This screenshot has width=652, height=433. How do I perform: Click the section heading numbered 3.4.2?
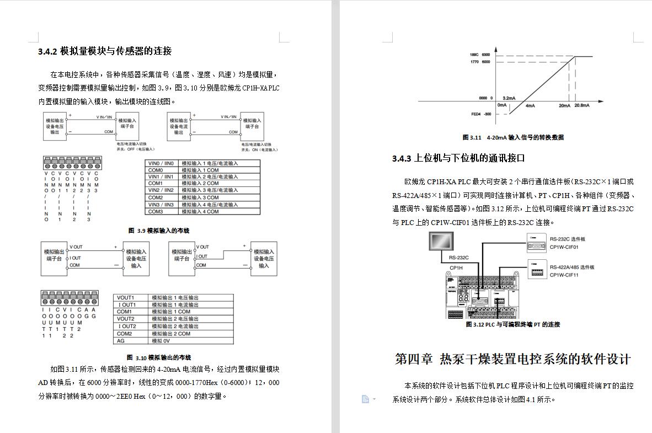point(105,51)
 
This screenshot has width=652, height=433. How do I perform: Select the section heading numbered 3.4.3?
point(458,158)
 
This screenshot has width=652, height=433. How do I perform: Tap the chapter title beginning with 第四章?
point(512,359)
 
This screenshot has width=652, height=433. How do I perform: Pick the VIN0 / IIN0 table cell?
point(161,163)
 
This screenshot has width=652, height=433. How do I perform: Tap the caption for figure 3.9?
point(159,231)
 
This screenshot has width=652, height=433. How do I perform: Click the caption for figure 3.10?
point(159,357)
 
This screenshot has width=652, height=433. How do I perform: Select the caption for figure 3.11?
point(513,137)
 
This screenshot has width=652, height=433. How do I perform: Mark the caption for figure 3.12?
point(513,324)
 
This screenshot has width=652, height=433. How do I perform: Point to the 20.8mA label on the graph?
point(581,105)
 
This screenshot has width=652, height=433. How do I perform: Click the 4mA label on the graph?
point(530,105)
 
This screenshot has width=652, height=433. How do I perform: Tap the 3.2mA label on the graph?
point(509,98)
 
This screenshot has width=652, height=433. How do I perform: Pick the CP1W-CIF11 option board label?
point(564,275)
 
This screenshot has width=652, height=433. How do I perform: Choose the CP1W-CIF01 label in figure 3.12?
point(564,247)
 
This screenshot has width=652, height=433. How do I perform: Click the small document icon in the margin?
point(365,399)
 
